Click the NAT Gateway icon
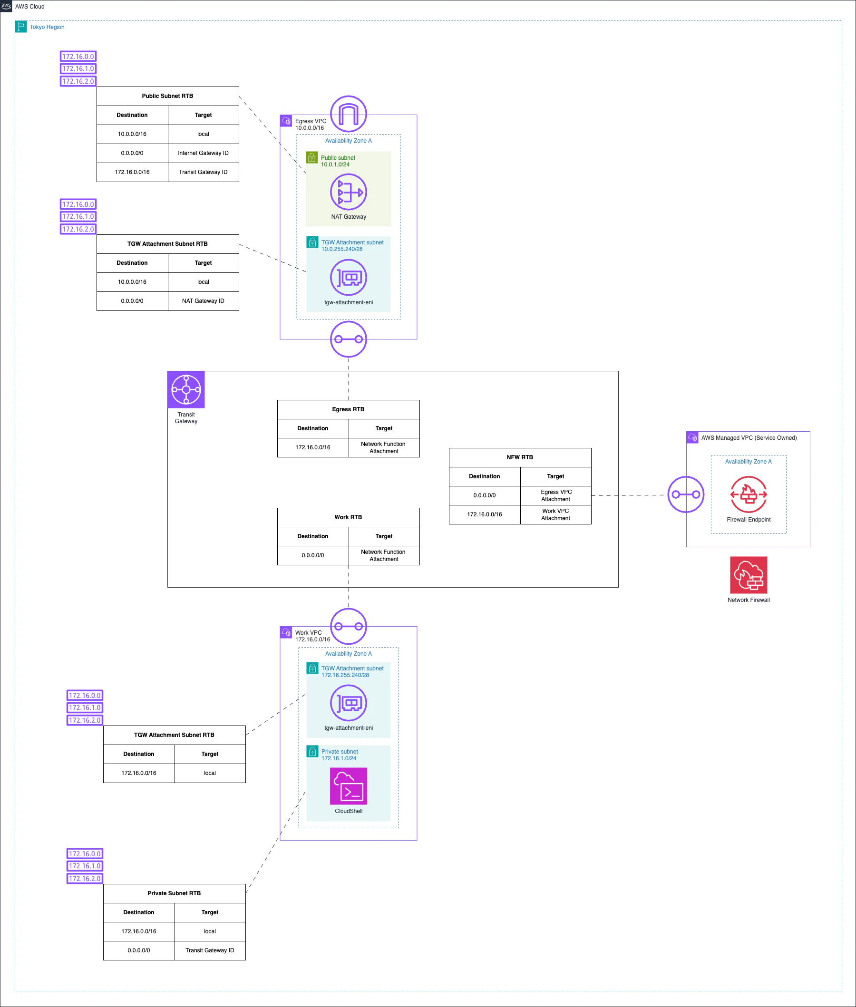(x=349, y=192)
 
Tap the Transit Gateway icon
(x=186, y=389)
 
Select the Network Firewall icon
(x=749, y=575)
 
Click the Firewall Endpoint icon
(x=749, y=494)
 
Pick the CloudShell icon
(x=349, y=786)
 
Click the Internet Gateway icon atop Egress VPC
(x=349, y=114)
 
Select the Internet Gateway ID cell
(x=204, y=153)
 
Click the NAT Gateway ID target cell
(x=204, y=301)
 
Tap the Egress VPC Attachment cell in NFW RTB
(x=555, y=495)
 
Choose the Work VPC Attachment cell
(x=555, y=514)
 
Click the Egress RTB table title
(x=349, y=409)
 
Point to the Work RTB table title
(x=349, y=517)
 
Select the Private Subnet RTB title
(x=174, y=893)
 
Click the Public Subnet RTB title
(x=167, y=96)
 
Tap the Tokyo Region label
(x=47, y=27)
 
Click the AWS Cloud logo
(x=6, y=6)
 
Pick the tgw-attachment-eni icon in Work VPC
(x=349, y=703)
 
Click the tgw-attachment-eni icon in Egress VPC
(x=349, y=278)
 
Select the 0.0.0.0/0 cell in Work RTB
(x=313, y=555)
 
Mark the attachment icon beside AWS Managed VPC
(x=686, y=494)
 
